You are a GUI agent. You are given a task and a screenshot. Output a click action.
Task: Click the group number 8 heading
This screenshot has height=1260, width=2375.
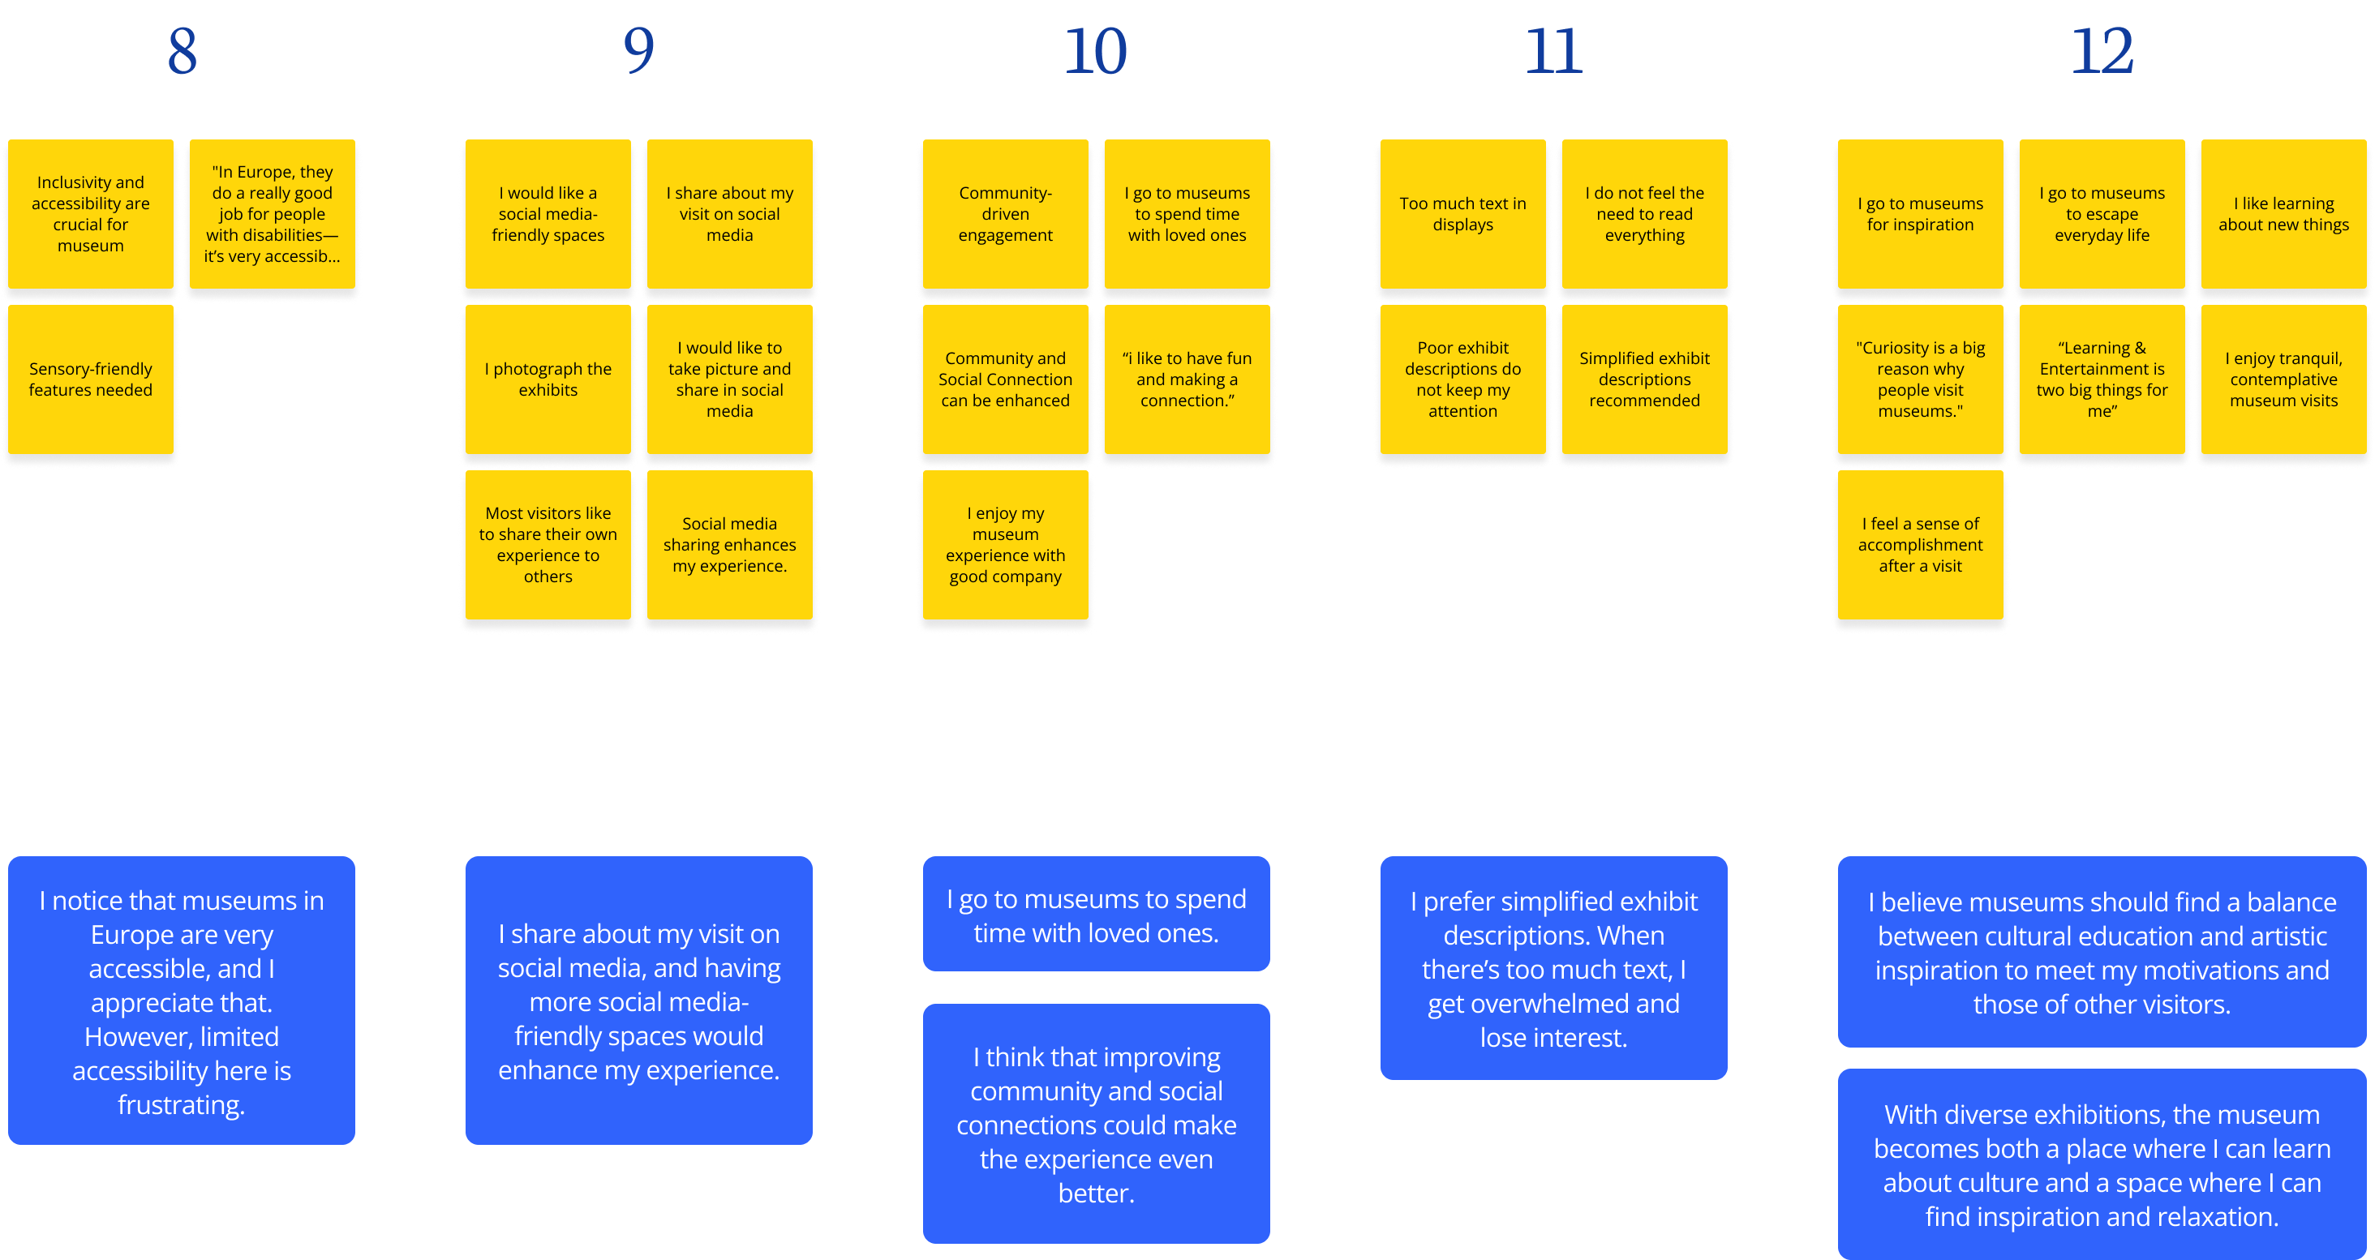(x=182, y=52)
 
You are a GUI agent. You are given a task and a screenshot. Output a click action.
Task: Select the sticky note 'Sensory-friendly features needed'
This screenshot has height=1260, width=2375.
(x=90, y=379)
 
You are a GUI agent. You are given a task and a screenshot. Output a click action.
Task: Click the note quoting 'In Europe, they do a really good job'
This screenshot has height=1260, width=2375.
(x=272, y=214)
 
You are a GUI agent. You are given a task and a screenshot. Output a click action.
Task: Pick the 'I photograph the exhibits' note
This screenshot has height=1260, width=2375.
(x=548, y=379)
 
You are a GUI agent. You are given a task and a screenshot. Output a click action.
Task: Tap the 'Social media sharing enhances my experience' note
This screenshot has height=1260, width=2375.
(x=729, y=545)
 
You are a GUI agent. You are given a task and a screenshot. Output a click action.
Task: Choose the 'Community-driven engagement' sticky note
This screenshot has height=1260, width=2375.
(x=1005, y=214)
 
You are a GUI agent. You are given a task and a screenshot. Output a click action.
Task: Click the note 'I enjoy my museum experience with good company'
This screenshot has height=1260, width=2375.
(x=1005, y=545)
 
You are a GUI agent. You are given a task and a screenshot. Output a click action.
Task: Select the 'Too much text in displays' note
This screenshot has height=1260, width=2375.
(x=1462, y=214)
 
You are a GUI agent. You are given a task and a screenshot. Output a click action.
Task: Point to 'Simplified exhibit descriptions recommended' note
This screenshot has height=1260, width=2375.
(x=1644, y=379)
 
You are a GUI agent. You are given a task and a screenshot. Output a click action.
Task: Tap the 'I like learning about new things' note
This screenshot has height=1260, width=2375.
(x=2283, y=214)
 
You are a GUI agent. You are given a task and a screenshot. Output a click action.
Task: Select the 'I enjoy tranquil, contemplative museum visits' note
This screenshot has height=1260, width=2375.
(x=2283, y=379)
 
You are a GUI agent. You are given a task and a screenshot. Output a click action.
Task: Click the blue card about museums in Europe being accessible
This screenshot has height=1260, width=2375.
(x=182, y=1000)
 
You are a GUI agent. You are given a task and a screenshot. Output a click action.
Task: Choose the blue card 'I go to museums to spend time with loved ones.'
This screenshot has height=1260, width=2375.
(x=1095, y=915)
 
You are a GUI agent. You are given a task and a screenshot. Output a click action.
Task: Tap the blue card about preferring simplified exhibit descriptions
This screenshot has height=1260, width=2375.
(x=1553, y=968)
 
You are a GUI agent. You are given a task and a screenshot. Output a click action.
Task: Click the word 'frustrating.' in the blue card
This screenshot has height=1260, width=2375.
(x=182, y=1104)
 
